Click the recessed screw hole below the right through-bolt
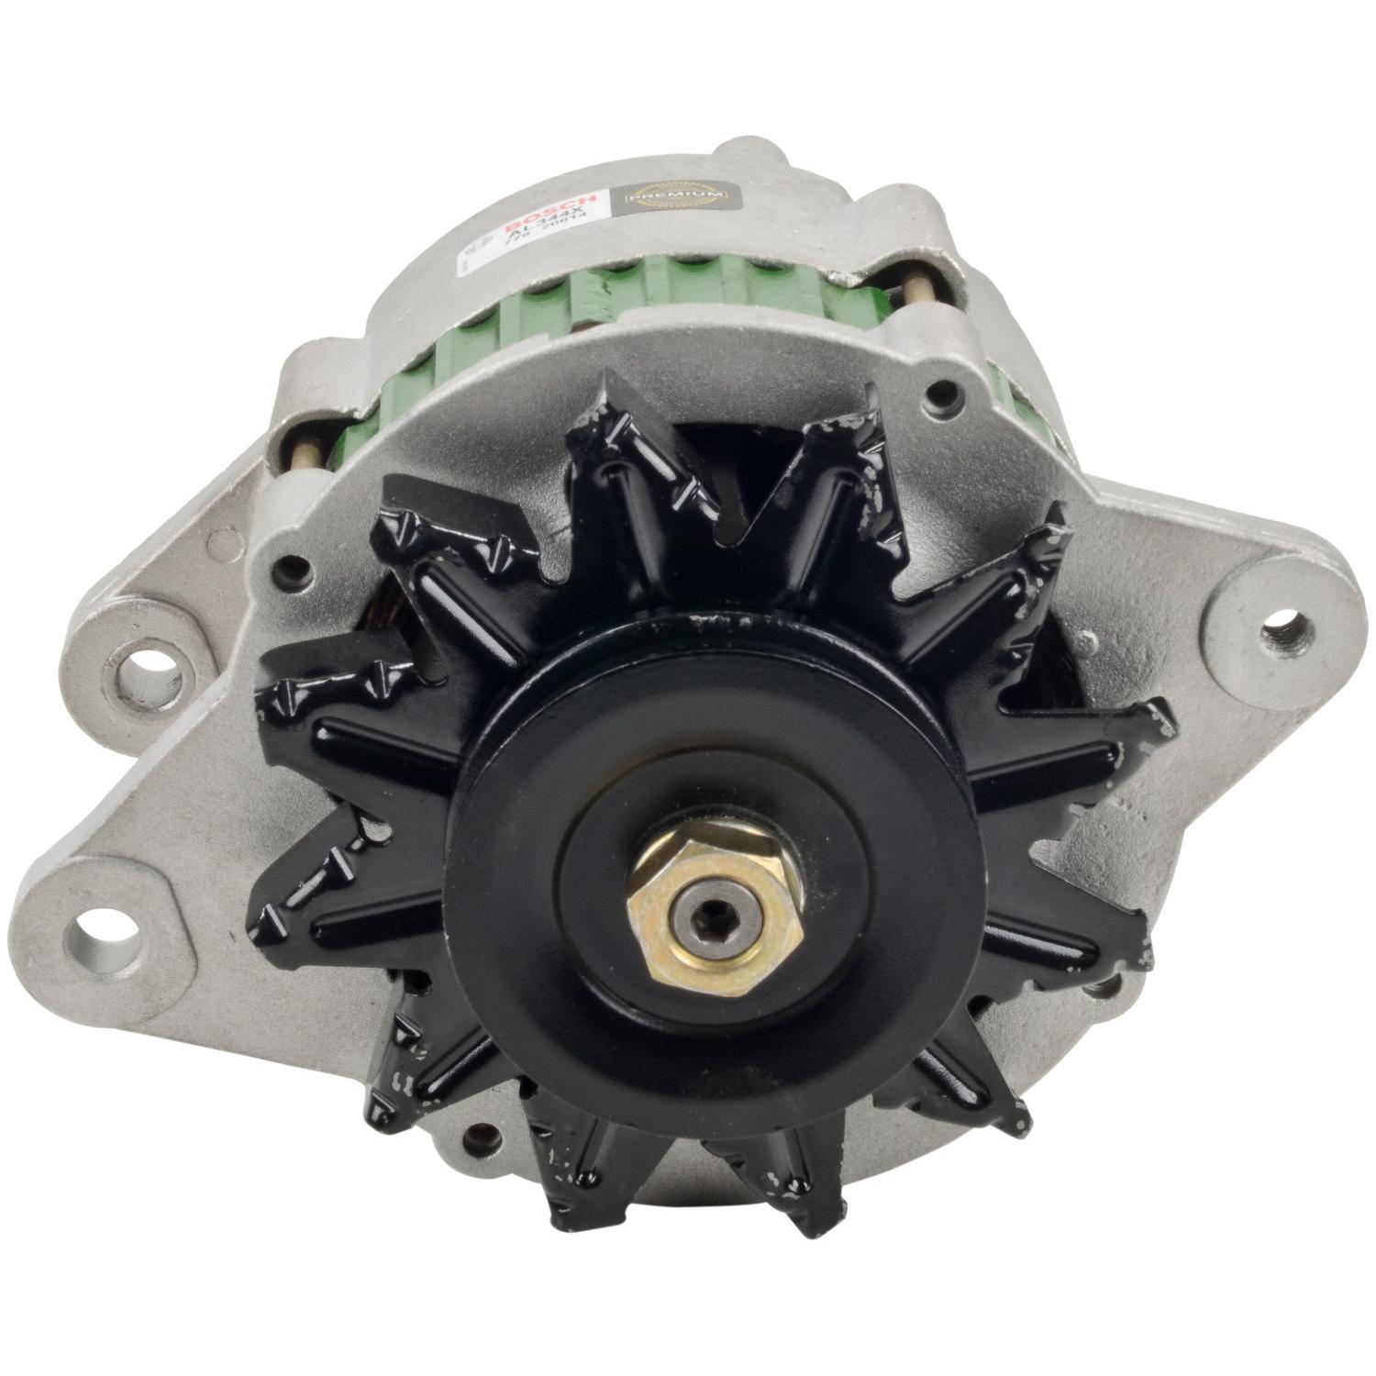[x=936, y=397]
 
